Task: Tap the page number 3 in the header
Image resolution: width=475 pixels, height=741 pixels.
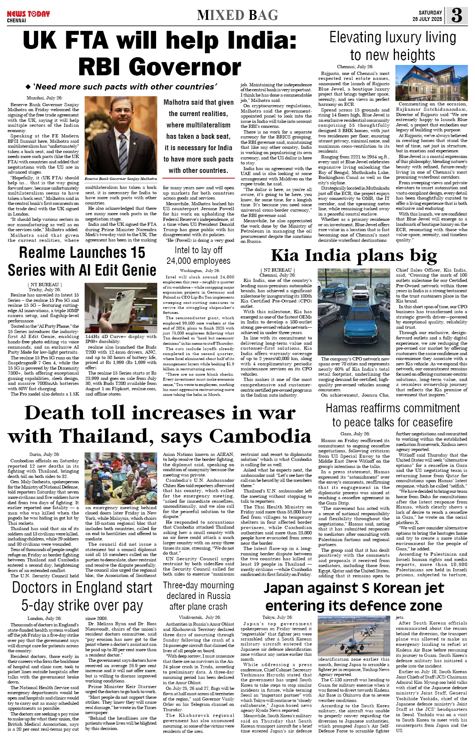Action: (457, 15)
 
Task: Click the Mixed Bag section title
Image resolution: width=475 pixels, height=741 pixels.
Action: (237, 15)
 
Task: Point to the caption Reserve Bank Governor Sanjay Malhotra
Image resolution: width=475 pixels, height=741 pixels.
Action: (121, 179)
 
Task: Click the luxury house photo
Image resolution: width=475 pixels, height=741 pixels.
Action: (431, 83)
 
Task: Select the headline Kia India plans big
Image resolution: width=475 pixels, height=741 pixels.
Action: (354, 256)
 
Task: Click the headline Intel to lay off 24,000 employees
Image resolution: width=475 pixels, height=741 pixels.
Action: (198, 256)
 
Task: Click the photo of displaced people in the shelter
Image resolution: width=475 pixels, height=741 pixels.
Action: (121, 478)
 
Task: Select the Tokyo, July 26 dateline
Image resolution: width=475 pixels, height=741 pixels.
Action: (277, 617)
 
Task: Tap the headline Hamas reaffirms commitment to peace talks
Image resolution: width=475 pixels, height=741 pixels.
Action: (392, 415)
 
